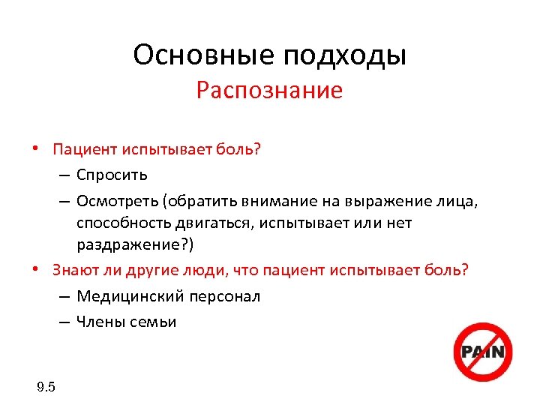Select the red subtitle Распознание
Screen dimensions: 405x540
(x=269, y=91)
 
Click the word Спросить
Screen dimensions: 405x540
(x=112, y=175)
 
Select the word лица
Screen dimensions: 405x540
(x=459, y=200)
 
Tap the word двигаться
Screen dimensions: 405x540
(x=210, y=223)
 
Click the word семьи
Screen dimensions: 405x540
(x=154, y=322)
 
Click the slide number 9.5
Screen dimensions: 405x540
(x=46, y=387)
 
